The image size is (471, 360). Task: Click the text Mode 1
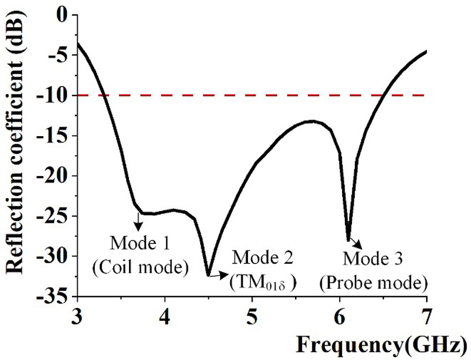138,242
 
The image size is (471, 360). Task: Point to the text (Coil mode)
140,266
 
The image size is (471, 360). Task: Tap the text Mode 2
264,257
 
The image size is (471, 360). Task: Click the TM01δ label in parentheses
263,282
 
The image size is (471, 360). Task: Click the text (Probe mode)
373,282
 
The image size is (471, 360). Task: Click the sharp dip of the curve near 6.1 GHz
349,239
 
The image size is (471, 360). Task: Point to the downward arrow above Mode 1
139,221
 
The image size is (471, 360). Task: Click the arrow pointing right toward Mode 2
220,273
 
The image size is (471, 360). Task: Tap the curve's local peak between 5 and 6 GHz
313,121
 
